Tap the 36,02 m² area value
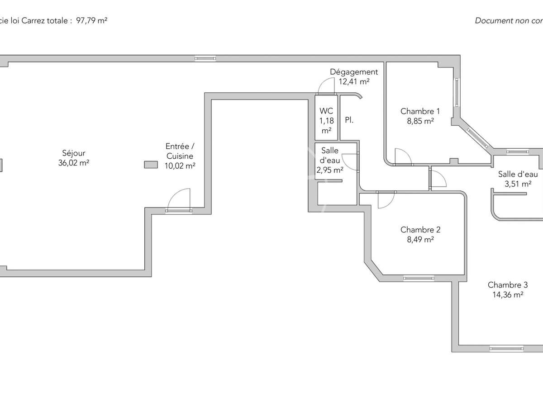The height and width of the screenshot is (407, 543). [x=73, y=163]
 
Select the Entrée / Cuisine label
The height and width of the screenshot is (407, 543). [x=180, y=151]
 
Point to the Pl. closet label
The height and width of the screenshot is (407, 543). [x=349, y=121]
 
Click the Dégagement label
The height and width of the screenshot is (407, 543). [x=353, y=72]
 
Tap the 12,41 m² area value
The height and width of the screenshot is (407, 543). [x=354, y=82]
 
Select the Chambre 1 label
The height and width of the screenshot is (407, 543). [x=420, y=111]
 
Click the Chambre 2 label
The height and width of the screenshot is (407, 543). [x=420, y=230]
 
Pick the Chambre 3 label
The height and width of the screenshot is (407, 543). [x=507, y=285]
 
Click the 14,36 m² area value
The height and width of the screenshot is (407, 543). [x=508, y=295]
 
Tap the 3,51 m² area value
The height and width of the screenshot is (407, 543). [x=518, y=184]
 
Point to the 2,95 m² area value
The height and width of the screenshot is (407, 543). [x=329, y=170]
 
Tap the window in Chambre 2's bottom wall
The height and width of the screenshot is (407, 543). [x=419, y=278]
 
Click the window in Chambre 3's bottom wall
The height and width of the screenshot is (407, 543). [x=506, y=349]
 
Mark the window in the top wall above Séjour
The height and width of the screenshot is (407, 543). [x=205, y=58]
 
